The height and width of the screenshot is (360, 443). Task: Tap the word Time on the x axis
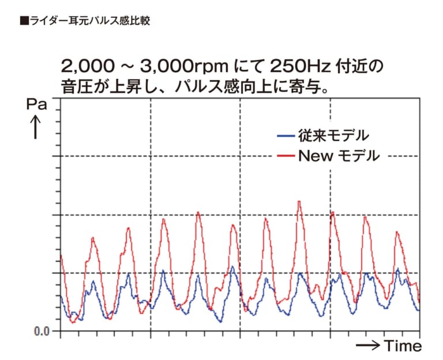[403, 346]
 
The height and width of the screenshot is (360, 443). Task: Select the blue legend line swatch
[286, 137]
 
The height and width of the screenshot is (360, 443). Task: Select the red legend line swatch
[286, 156]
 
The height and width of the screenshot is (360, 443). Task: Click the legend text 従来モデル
[333, 137]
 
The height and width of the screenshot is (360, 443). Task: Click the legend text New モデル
[339, 156]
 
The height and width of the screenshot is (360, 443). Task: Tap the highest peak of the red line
[299, 201]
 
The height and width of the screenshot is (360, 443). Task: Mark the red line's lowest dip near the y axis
[73, 322]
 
